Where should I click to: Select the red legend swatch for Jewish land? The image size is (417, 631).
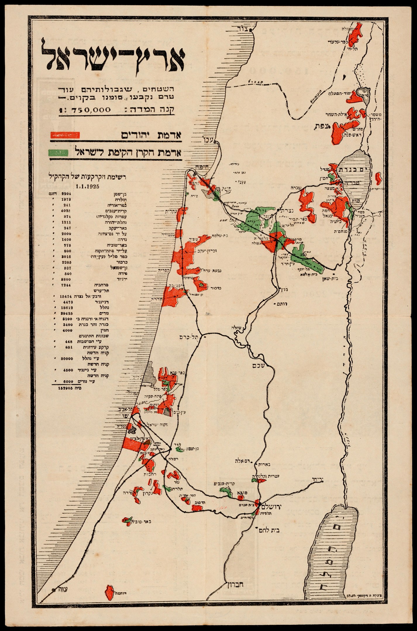click(65, 135)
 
